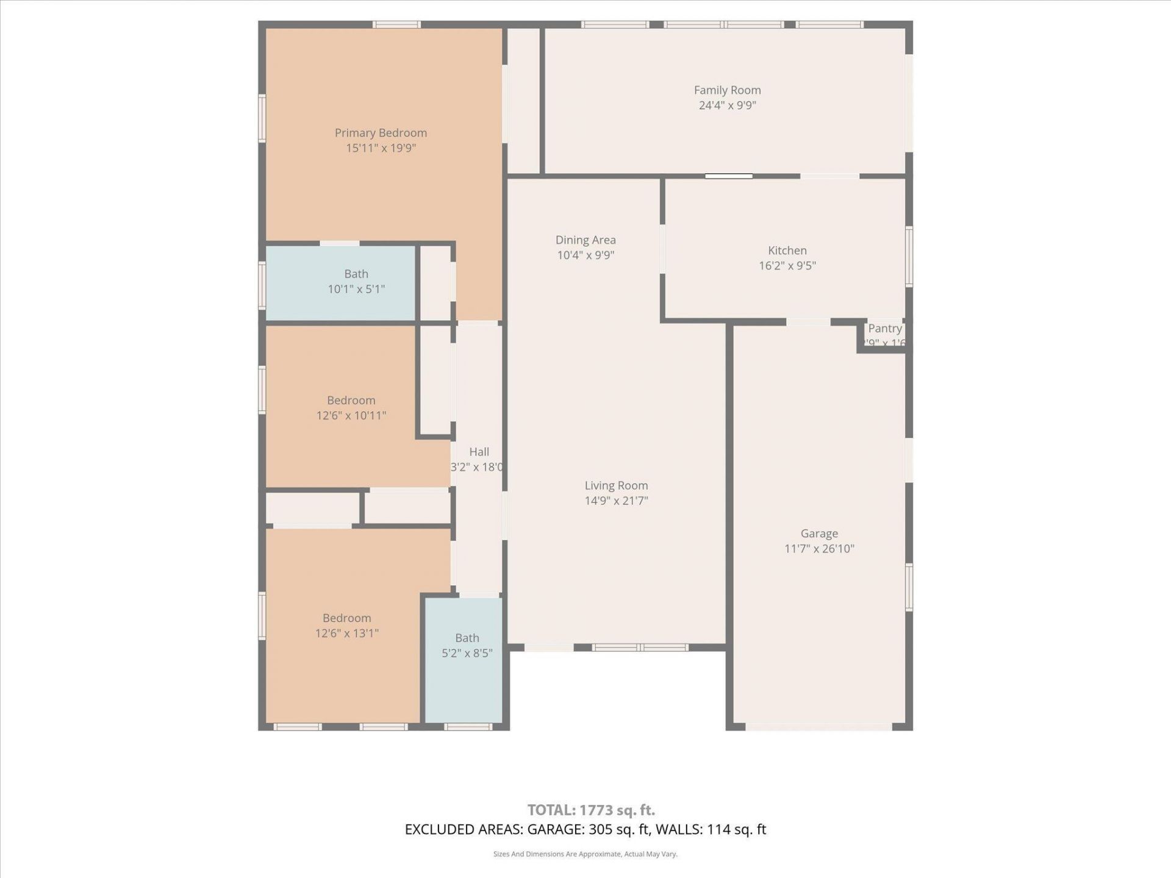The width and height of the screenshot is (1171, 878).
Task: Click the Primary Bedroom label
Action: [x=381, y=133]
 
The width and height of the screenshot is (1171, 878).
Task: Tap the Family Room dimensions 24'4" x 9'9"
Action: [x=727, y=105]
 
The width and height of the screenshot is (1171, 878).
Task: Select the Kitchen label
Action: [x=787, y=251]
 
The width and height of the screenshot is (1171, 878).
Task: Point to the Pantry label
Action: [x=884, y=329]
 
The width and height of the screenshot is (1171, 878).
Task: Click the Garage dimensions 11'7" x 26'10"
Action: [x=818, y=549]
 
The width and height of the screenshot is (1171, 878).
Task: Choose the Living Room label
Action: [x=616, y=486]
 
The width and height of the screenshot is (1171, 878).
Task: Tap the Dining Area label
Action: [x=585, y=240]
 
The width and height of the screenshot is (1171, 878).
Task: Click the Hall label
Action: [x=479, y=452]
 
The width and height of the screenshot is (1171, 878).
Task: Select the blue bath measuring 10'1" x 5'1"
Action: [x=356, y=282]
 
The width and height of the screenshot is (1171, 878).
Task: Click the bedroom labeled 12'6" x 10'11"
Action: [x=351, y=408]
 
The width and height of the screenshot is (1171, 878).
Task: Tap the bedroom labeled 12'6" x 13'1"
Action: [x=346, y=626]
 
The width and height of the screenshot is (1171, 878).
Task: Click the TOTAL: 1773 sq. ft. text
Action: [x=591, y=810]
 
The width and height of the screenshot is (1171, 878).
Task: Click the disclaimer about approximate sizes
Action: [x=585, y=854]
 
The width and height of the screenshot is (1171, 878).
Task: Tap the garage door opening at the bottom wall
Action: [x=818, y=727]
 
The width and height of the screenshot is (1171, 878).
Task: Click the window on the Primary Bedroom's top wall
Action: [x=396, y=25]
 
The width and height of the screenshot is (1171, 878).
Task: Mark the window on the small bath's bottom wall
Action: [x=468, y=727]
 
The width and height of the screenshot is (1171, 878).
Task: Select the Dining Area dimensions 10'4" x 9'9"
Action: [x=585, y=255]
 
